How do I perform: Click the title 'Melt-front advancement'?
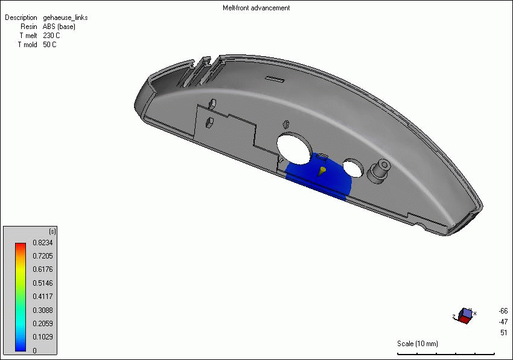(x=256, y=8)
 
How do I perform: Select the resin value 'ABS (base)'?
(x=59, y=27)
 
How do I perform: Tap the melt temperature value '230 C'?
(x=51, y=36)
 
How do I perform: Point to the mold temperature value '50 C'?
(x=49, y=45)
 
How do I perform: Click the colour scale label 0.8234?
(x=43, y=243)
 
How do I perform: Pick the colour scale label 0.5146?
(x=43, y=283)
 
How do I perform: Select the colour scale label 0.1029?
(x=43, y=336)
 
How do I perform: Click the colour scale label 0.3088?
(x=43, y=310)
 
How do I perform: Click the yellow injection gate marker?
(x=322, y=172)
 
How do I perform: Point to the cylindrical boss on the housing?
(x=380, y=169)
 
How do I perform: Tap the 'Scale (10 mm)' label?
(x=418, y=344)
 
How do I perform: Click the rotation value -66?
(x=503, y=310)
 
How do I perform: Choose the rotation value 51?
(x=503, y=333)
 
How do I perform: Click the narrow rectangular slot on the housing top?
(x=275, y=79)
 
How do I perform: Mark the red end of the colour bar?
(x=21, y=246)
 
